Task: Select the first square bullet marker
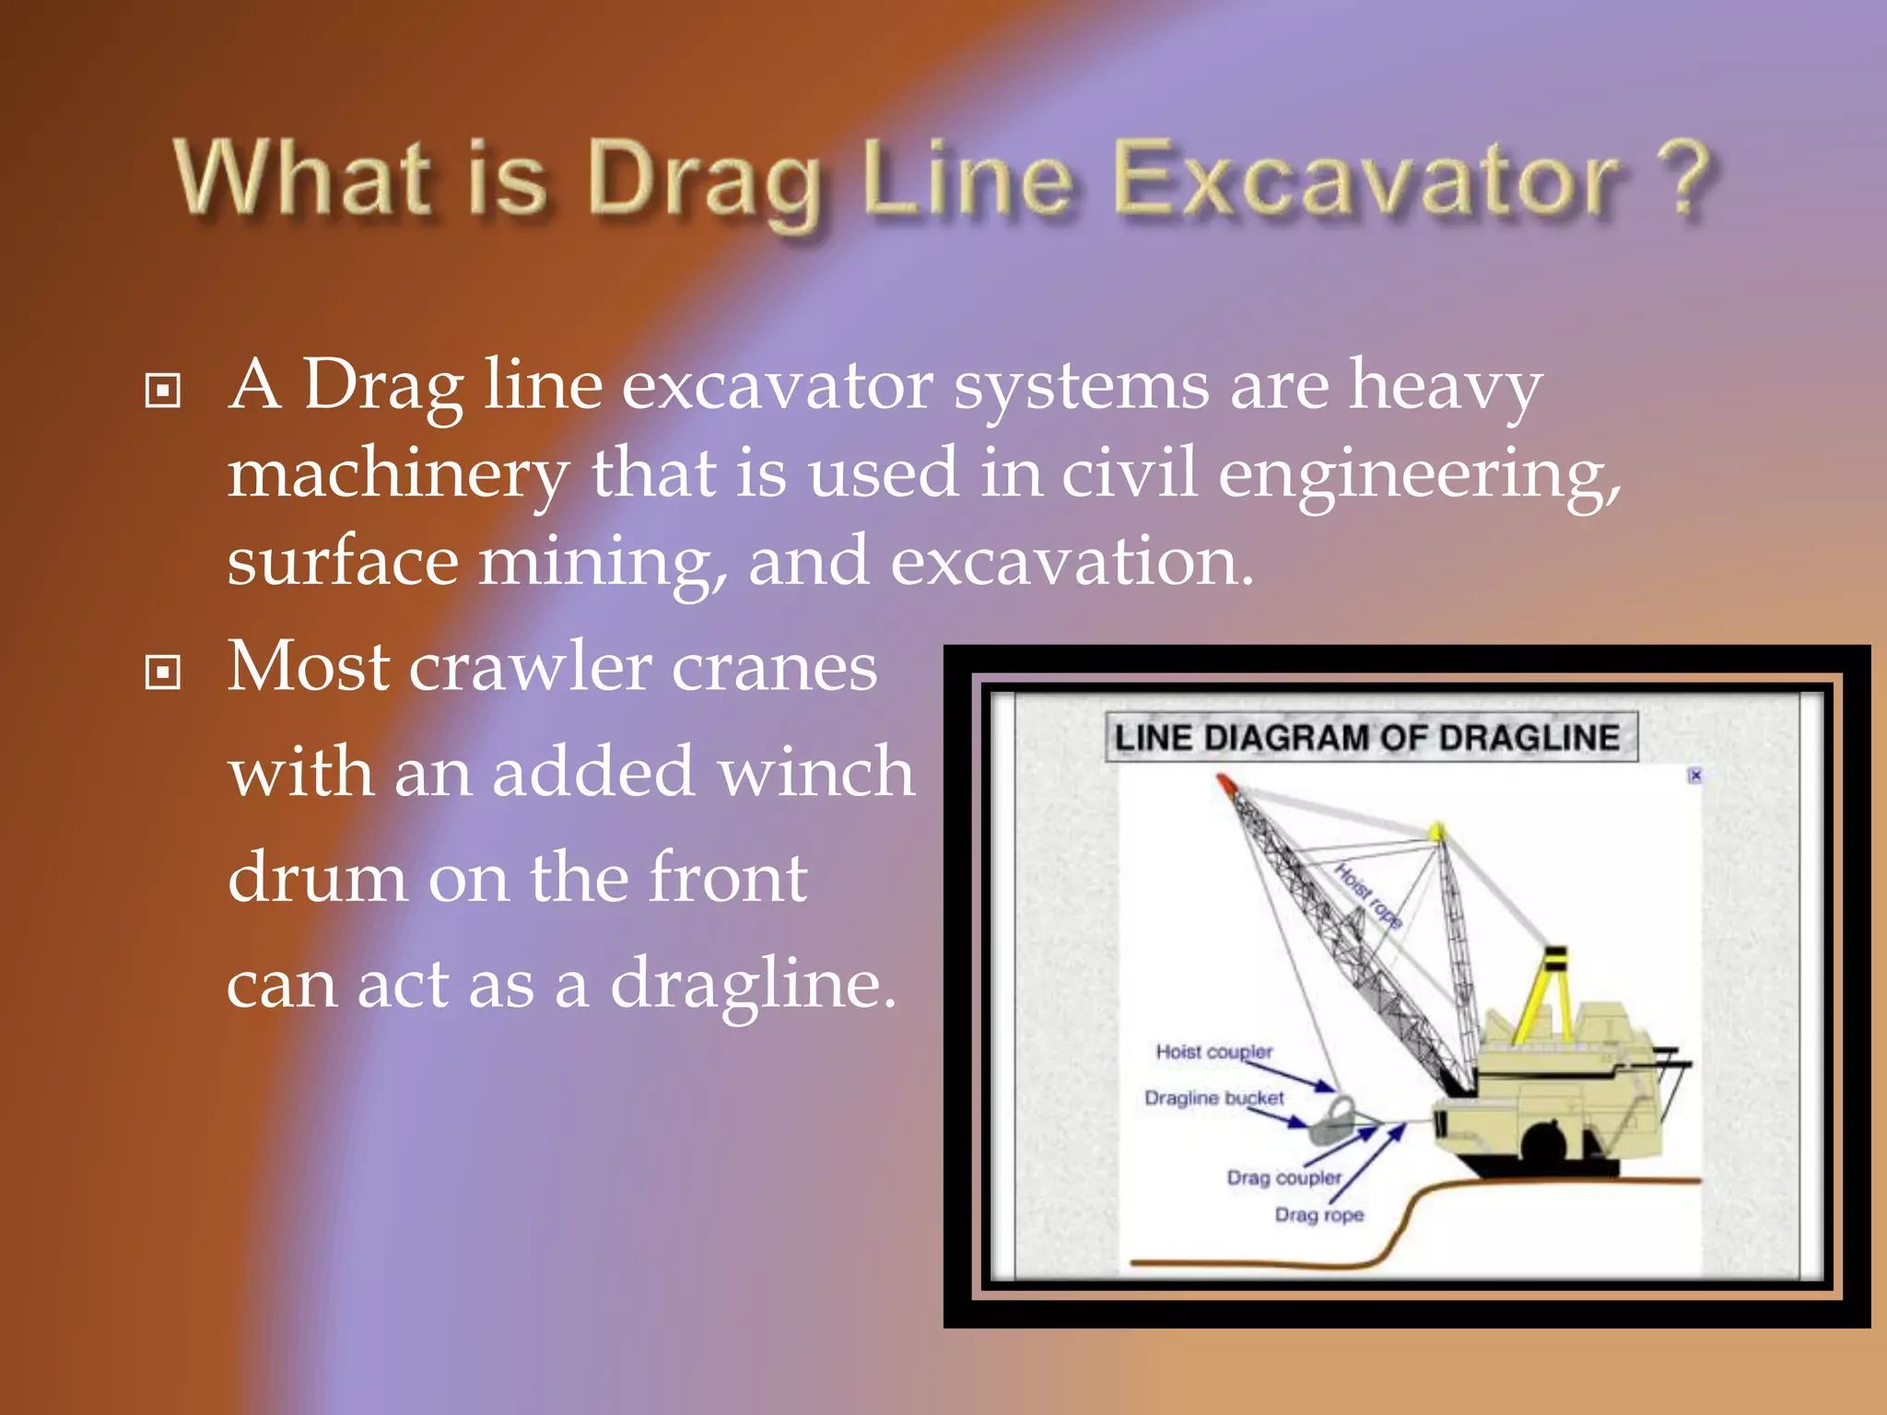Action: pyautogui.click(x=163, y=391)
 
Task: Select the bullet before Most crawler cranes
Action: pyautogui.click(x=163, y=672)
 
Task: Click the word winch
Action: pyautogui.click(x=816, y=772)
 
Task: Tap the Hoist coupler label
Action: pyautogui.click(x=1213, y=1051)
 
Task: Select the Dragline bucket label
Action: pyautogui.click(x=1213, y=1098)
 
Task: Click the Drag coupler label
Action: pyautogui.click(x=1283, y=1177)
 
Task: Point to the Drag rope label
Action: pyautogui.click(x=1319, y=1215)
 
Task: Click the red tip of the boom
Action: pyautogui.click(x=1226, y=784)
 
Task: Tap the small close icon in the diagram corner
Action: pyautogui.click(x=1694, y=776)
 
